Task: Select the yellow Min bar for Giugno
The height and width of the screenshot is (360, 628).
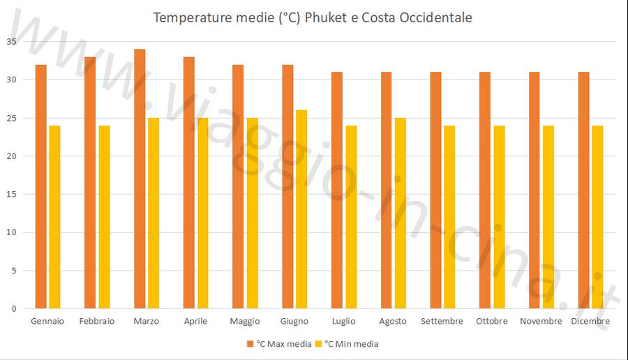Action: coord(301,209)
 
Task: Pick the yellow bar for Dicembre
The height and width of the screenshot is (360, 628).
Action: coord(597,217)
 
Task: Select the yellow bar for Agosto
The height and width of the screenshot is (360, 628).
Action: coord(401,213)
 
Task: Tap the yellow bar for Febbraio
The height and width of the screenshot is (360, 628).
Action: coord(104,217)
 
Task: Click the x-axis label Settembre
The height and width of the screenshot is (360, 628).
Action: coord(442,321)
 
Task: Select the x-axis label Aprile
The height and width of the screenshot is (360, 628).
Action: coord(195,321)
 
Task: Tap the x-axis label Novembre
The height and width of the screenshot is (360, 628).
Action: coord(541,321)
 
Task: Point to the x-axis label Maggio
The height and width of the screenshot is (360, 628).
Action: coord(244,321)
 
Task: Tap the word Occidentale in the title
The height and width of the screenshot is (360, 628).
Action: coord(435,17)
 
